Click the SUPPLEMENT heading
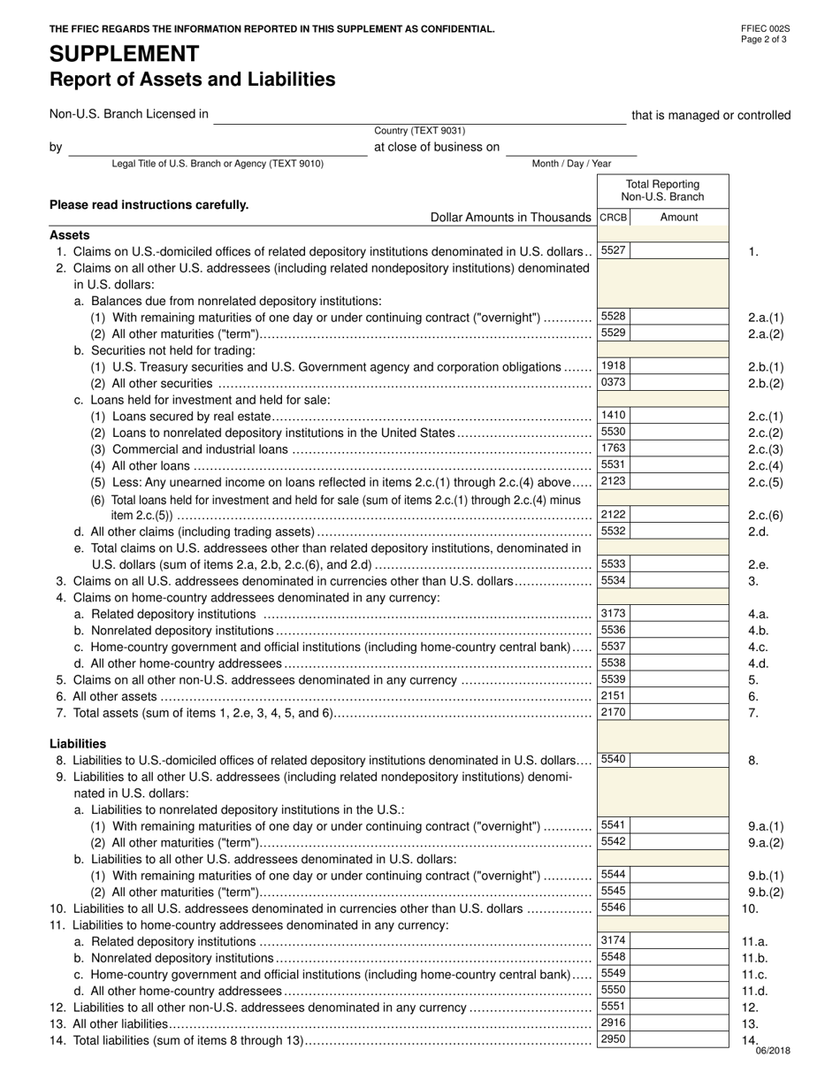click(125, 54)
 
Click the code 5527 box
click(613, 250)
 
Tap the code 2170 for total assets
click(613, 711)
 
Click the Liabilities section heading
click(78, 744)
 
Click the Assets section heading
click(69, 234)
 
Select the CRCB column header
click(613, 217)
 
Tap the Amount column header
click(678, 217)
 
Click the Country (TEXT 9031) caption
click(419, 131)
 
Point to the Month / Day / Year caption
click(570, 164)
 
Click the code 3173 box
click(613, 613)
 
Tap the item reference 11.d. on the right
click(754, 991)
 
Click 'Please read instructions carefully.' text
click(149, 205)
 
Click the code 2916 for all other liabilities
click(613, 1023)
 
